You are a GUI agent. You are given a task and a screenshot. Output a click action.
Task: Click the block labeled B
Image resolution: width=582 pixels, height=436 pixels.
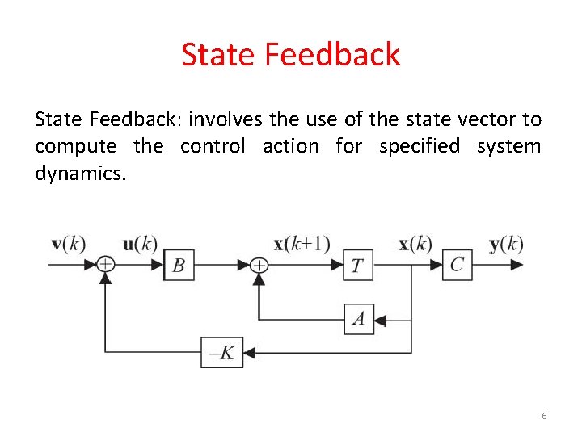[179, 265]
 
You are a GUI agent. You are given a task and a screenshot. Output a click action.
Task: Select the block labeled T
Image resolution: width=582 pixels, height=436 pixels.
[358, 265]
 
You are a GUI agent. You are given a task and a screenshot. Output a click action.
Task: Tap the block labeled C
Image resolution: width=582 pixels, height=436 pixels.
[457, 265]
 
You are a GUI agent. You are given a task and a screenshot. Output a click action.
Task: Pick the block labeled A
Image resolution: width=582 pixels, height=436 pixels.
[358, 319]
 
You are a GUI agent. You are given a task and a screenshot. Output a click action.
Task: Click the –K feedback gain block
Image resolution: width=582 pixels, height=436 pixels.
[221, 352]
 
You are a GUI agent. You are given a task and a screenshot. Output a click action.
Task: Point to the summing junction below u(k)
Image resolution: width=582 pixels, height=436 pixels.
[105, 264]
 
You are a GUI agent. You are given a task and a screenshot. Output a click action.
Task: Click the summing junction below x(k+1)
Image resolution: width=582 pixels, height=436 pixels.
[259, 264]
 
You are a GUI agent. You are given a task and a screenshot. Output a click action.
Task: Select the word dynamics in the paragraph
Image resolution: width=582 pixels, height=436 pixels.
[80, 173]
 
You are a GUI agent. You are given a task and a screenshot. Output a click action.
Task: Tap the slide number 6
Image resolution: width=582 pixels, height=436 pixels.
[544, 415]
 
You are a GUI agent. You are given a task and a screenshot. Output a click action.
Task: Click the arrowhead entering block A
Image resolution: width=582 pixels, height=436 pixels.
[381, 320]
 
